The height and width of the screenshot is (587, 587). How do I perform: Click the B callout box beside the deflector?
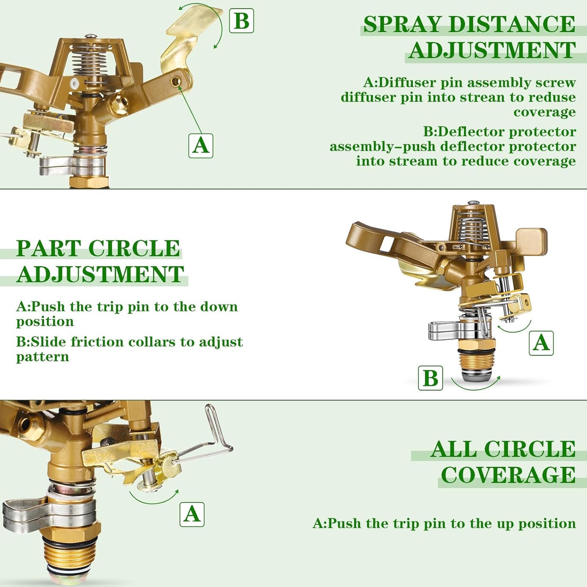click(242, 21)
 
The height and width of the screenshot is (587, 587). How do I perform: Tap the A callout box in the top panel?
click(201, 146)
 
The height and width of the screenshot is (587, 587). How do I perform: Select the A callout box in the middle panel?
click(541, 343)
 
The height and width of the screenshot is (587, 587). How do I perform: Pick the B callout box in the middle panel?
click(431, 378)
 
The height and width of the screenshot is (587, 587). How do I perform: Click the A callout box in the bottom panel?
click(192, 514)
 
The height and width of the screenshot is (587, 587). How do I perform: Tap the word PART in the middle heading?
click(48, 249)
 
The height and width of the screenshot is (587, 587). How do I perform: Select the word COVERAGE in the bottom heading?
click(508, 475)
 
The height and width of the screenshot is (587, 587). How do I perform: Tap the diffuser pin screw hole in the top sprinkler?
click(176, 82)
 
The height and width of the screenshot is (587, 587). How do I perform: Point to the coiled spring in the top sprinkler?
click(89, 63)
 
